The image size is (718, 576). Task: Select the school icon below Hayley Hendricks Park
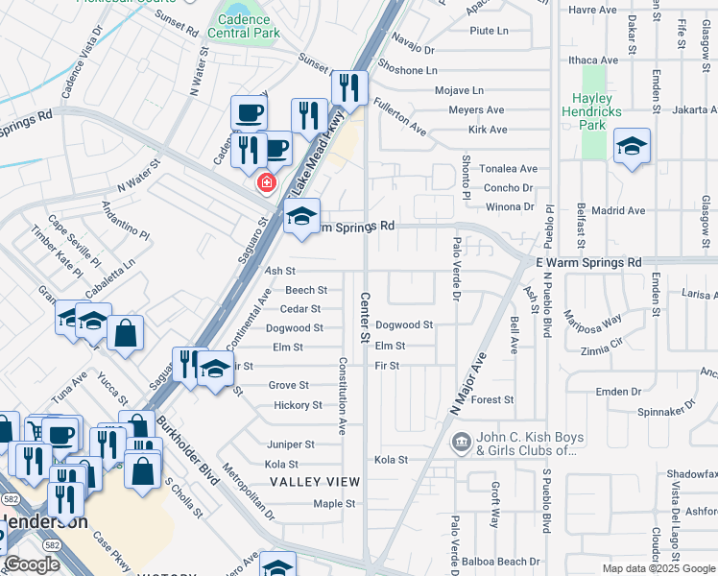click(x=632, y=147)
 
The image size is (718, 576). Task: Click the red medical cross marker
click(x=264, y=182)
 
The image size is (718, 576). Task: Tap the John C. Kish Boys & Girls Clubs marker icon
click(x=461, y=442)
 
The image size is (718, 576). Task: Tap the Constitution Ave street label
click(x=342, y=395)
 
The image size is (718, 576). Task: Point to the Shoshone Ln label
click(x=407, y=70)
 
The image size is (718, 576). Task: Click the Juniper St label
click(x=291, y=444)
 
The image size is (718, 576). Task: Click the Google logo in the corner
click(x=33, y=564)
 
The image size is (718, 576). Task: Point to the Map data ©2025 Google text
click(x=657, y=568)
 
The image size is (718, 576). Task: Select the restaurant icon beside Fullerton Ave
click(x=350, y=88)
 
